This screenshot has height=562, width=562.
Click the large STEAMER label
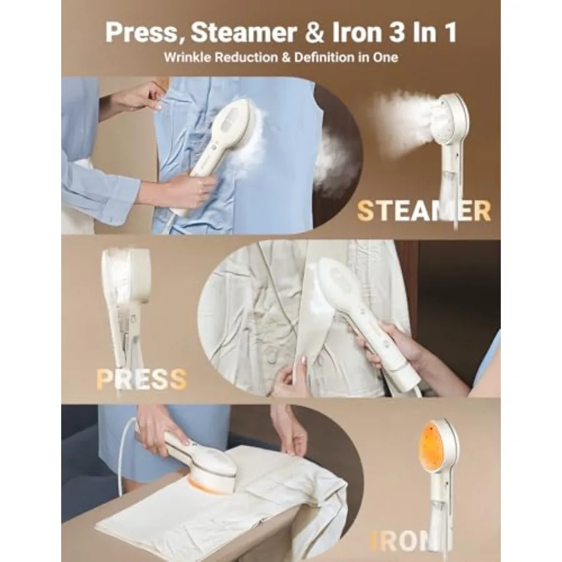point(424,212)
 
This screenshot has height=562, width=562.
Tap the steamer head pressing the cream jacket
point(340,284)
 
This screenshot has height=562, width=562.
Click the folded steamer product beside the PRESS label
point(125,300)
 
